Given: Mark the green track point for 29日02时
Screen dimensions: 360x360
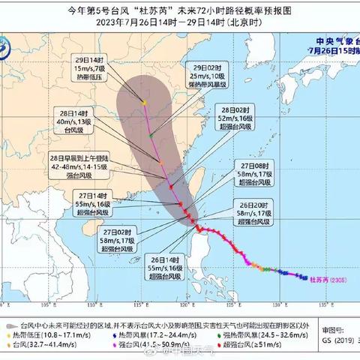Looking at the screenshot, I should [151, 135].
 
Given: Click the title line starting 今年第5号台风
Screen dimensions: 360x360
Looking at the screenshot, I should [179, 10].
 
